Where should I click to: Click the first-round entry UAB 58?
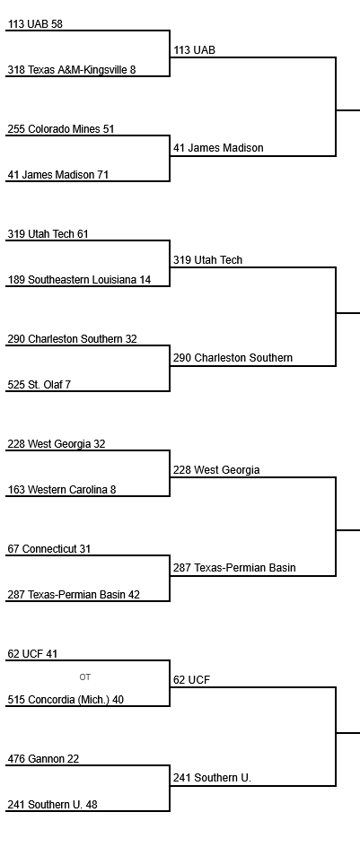pos(35,23)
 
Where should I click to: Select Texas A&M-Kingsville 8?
pos(72,70)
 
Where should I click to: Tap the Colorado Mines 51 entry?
pos(61,129)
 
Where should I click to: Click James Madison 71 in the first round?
pos(57,174)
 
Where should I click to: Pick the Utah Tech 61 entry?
pos(48,234)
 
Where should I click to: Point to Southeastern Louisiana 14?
pos(80,280)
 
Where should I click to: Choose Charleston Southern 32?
pos(73,338)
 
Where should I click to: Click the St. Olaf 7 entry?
pos(40,385)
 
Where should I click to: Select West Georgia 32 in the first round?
pos(57,444)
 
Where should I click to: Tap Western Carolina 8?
pos(62,490)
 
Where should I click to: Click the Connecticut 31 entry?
pos(49,549)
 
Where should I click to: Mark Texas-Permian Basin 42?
pos(74,595)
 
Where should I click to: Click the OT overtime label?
pos(85,677)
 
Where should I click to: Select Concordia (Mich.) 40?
pos(66,700)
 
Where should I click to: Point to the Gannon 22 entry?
pos(43,759)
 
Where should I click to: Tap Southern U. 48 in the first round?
pos(53,804)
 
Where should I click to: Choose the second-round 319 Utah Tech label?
pos(207,260)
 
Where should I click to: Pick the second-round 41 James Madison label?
pos(218,147)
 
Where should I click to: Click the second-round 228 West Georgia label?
pos(216,470)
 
